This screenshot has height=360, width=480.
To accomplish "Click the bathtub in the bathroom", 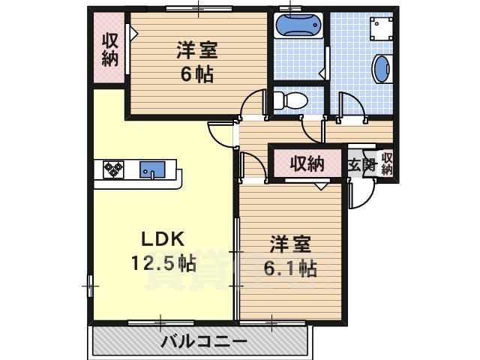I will click(x=298, y=26).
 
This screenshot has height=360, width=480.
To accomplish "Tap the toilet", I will click(x=288, y=99).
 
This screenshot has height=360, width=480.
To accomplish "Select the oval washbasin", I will click(x=382, y=70).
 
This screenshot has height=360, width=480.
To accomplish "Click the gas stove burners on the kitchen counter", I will click(x=112, y=170).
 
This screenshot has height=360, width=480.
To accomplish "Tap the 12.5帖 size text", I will click(x=163, y=263).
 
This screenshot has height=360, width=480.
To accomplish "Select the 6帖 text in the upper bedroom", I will click(x=197, y=74).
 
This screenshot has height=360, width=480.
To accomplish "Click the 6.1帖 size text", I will click(x=289, y=268).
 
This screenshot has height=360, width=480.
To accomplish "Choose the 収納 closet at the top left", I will click(x=110, y=49).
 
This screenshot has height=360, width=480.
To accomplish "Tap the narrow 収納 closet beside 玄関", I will click(x=386, y=164).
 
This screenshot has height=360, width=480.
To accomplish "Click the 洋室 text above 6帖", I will click(x=197, y=51).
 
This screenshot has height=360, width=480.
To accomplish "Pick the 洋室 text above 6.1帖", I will click(x=289, y=244).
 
